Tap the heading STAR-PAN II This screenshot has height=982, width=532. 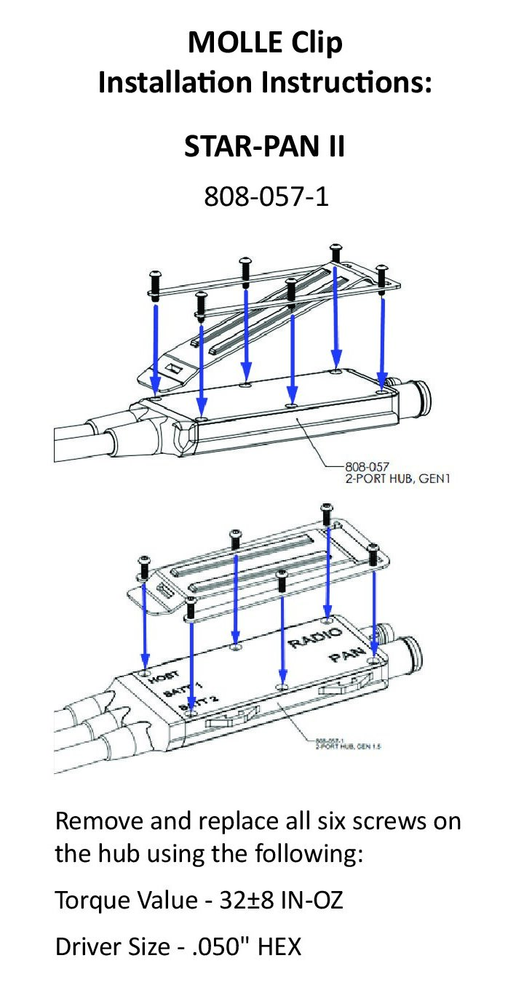coord(264,147)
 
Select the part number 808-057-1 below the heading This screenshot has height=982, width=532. coord(266,196)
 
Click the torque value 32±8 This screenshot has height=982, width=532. coord(253,901)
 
